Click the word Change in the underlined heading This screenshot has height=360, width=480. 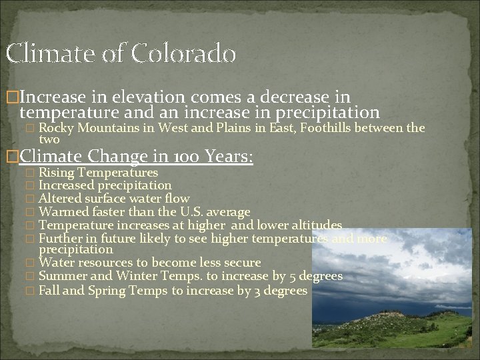117,157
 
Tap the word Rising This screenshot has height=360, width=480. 55,173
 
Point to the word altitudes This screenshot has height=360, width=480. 315,225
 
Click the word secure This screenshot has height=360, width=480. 240,263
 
